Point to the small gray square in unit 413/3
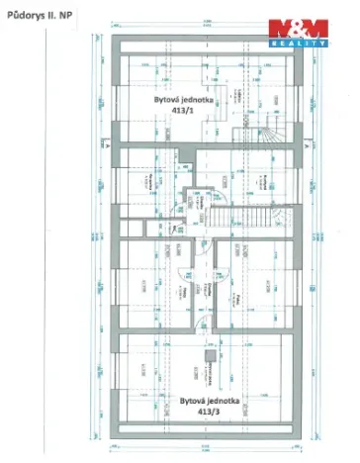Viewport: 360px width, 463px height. tap(209, 354)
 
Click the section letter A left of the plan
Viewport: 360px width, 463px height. tap(99, 145)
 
